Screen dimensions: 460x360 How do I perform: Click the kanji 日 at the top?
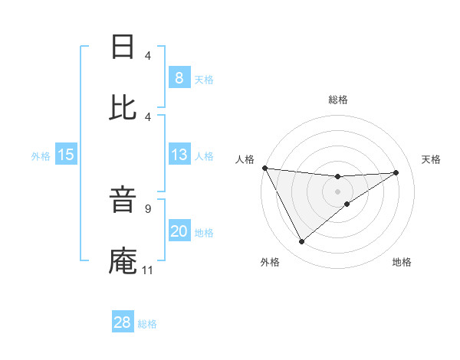coord(123,47)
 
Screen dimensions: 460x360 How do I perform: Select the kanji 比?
coord(123,107)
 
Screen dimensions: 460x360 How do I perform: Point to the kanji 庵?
coord(123,261)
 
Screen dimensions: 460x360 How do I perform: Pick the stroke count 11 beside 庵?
coord(147,270)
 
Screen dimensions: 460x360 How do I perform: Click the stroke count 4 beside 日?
coord(147,55)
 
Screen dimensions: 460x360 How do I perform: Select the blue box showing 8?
coord(179,77)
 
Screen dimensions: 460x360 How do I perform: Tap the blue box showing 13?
coord(179,155)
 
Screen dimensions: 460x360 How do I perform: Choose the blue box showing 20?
coord(179,231)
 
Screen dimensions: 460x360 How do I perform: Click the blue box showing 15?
coord(65,155)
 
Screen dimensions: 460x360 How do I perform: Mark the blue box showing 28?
coord(123,322)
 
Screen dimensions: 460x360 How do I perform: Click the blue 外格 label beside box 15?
coord(41,155)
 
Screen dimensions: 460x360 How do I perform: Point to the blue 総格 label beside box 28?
coord(147,324)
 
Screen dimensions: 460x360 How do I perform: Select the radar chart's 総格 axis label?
coord(338,100)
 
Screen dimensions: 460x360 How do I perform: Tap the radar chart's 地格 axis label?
coord(402,262)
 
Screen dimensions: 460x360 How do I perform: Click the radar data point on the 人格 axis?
coord(264,168)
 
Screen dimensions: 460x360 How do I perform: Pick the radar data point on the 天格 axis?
coord(396,172)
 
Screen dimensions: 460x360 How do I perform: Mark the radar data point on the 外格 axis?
coord(301,242)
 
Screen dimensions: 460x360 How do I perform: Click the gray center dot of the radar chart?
coord(338,191)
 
